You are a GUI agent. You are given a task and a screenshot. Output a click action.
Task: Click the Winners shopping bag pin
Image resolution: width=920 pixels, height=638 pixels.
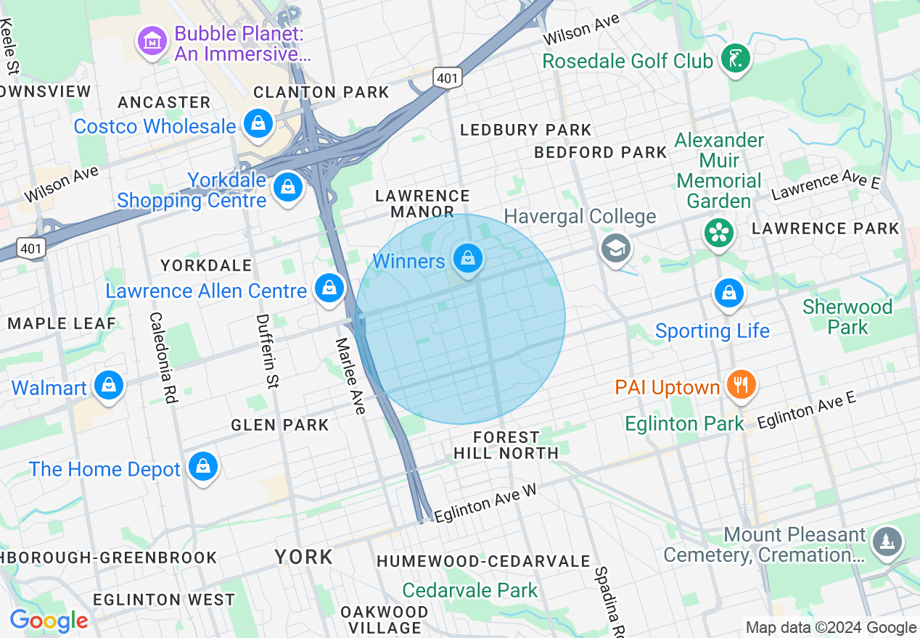click(468, 258)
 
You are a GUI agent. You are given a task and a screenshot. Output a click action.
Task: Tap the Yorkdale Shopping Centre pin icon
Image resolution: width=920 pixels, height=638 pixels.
click(288, 187)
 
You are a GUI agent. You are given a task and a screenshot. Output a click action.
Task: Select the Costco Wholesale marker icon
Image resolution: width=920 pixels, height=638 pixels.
click(258, 124)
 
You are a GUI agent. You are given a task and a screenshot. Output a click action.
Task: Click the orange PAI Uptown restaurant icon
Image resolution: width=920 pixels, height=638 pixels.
click(740, 384)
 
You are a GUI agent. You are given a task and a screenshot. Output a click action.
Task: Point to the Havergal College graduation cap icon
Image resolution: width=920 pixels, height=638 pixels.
click(615, 249)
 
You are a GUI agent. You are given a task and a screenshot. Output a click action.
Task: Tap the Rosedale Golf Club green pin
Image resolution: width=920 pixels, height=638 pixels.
click(735, 59)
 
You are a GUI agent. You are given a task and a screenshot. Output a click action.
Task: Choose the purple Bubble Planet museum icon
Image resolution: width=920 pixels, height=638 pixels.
click(152, 42)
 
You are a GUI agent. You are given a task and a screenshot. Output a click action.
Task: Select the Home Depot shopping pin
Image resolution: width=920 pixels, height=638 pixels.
click(204, 467)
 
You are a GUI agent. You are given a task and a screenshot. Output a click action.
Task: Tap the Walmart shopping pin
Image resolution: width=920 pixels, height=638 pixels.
click(109, 385)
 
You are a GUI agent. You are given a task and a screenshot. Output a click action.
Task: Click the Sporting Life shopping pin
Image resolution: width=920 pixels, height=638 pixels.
click(728, 294)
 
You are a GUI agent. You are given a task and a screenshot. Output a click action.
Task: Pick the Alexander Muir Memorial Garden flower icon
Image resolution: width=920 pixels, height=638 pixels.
click(718, 233)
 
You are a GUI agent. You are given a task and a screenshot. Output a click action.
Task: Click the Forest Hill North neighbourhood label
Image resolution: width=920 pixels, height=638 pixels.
click(506, 444)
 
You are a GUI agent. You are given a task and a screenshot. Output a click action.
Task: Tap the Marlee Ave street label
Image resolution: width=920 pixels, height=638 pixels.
click(350, 376)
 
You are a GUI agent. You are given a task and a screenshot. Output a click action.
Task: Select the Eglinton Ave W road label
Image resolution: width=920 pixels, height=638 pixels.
click(485, 502)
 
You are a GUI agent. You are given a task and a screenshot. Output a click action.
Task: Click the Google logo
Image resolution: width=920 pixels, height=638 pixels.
click(49, 621)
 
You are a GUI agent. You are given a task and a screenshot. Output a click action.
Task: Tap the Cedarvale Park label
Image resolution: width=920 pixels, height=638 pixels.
click(470, 590)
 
